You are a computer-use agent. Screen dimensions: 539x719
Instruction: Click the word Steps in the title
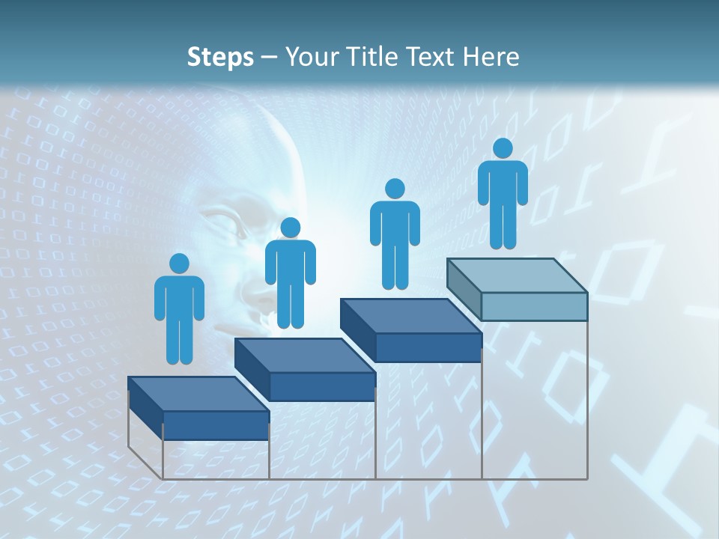[x=220, y=57]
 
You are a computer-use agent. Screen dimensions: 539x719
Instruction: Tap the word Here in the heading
[x=491, y=57]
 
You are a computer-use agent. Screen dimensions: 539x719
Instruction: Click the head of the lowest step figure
[x=179, y=264]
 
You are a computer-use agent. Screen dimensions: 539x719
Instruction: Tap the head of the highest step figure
[x=503, y=148]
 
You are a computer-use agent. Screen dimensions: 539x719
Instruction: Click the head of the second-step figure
[x=290, y=228]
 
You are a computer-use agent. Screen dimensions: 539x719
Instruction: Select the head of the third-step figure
[x=395, y=189]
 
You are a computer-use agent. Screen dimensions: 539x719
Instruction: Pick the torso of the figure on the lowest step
[x=179, y=299]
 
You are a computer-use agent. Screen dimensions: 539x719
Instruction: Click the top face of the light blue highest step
[x=517, y=275]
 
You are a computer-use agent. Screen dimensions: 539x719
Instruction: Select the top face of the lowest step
[x=198, y=394]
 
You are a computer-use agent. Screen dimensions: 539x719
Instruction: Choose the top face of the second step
[x=304, y=355]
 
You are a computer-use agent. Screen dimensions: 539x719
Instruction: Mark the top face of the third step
[x=410, y=316]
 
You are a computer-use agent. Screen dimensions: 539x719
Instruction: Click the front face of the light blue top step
[x=534, y=306]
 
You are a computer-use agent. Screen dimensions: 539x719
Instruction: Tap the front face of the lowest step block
[x=216, y=425]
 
